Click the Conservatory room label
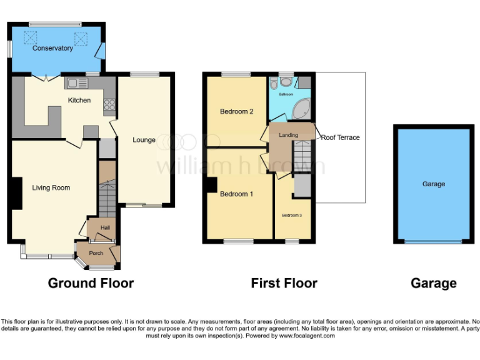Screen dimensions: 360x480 [x=52, y=48]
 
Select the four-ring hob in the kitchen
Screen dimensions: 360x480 [x=110, y=104]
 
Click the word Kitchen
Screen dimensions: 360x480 [x=79, y=100]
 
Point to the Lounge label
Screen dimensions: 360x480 [x=144, y=140]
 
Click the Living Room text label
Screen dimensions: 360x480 [x=51, y=187]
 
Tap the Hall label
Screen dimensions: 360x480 [x=105, y=228]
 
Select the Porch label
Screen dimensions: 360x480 [x=96, y=253]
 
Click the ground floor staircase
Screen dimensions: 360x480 [x=107, y=197]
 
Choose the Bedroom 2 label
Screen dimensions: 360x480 [x=236, y=112]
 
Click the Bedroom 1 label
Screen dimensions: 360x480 [x=236, y=194]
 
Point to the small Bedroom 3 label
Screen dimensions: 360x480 [x=291, y=215]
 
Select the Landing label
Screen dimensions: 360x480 [x=289, y=135]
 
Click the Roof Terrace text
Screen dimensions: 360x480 [x=341, y=137]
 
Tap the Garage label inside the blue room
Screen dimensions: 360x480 [x=433, y=184]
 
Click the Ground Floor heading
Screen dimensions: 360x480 [x=91, y=283]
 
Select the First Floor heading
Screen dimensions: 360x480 [x=284, y=283]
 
